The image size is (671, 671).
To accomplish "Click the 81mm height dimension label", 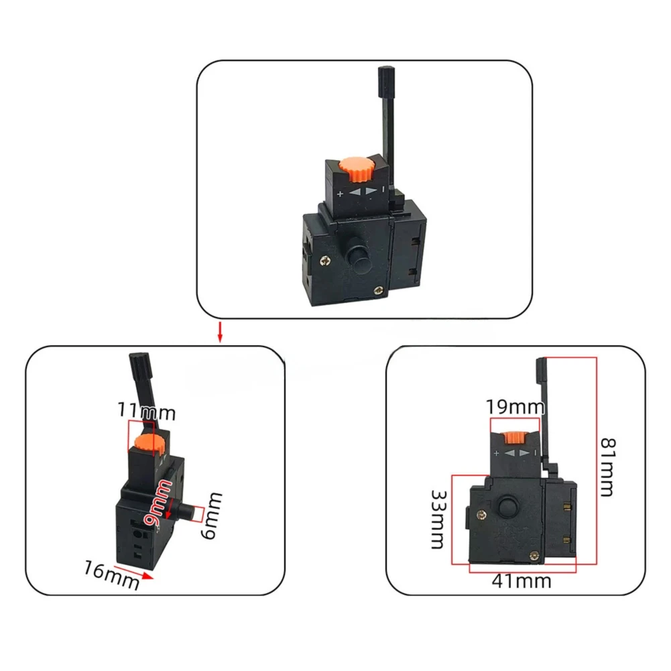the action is (x=608, y=467).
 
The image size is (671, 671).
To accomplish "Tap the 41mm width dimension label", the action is (x=522, y=582).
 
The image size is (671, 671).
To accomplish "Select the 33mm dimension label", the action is (x=438, y=519).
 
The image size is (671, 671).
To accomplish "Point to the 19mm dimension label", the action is (x=515, y=407).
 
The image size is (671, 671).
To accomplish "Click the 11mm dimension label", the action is (x=146, y=411).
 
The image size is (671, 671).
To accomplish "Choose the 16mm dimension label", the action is (x=111, y=575).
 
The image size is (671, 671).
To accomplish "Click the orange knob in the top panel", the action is (x=357, y=169).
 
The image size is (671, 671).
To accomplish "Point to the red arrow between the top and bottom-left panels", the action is (x=220, y=332).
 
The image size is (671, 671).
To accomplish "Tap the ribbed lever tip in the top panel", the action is (x=386, y=82).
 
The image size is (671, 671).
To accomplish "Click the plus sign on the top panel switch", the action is (x=341, y=194).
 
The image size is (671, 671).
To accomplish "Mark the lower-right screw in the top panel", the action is (x=377, y=291).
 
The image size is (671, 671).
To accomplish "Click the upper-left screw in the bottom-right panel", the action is (x=482, y=515).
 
